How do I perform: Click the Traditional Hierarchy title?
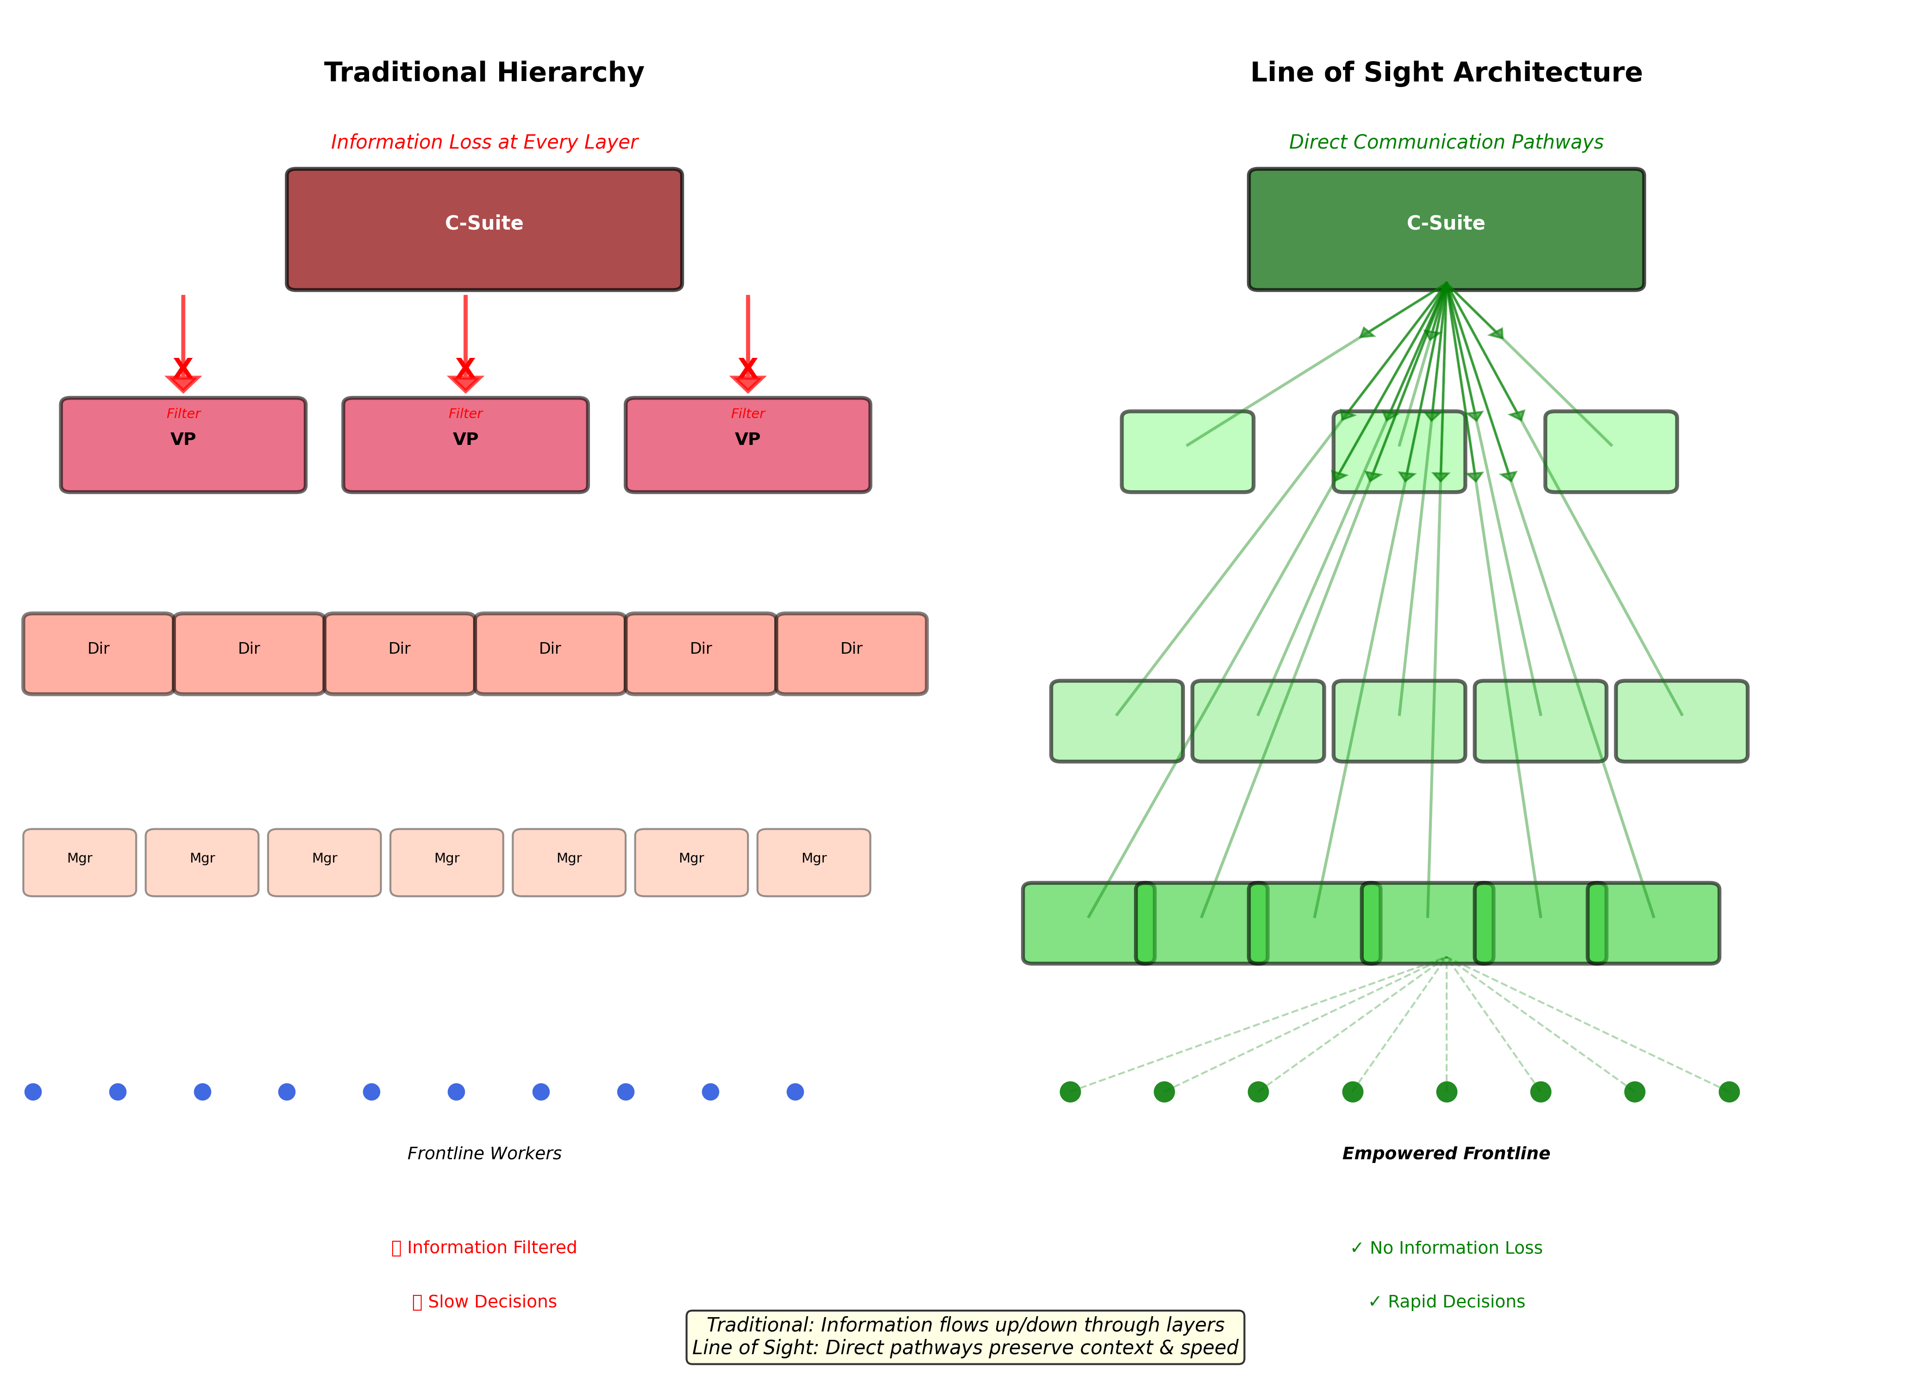(x=483, y=72)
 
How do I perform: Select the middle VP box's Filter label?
(x=465, y=413)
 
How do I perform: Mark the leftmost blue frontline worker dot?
(x=33, y=1091)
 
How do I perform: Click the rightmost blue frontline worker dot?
(x=795, y=1091)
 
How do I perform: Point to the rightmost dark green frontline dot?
(x=1729, y=1091)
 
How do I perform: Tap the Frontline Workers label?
(x=483, y=1153)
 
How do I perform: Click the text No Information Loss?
(x=1455, y=1247)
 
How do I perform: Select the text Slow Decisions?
(x=491, y=1301)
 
